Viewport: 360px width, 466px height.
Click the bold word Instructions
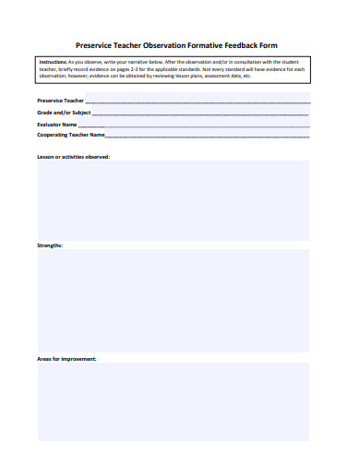[x=54, y=61]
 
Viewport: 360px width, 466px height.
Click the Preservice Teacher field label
[x=60, y=100]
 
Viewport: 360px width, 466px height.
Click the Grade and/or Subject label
[x=64, y=112]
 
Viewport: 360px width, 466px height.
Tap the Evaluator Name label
[x=56, y=124]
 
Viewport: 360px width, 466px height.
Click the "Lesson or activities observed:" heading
[x=73, y=157]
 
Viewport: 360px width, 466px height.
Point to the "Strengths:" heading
[x=50, y=245]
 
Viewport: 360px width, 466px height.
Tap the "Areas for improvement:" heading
[x=66, y=358]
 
